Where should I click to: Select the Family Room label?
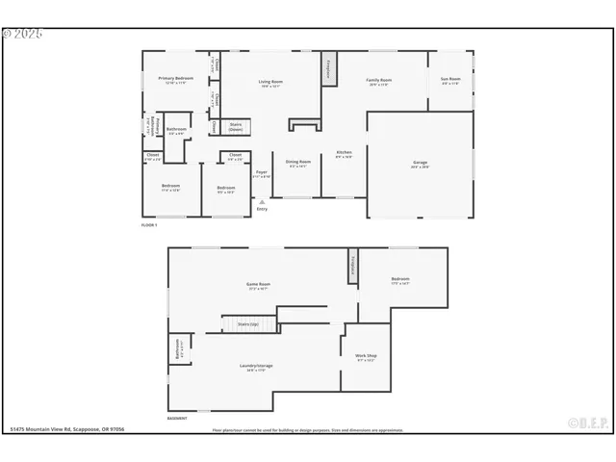coord(378,81)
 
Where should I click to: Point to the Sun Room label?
coord(450,80)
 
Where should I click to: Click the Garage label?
coord(420,165)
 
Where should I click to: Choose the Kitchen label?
coord(344,154)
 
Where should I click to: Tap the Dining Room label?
coord(298,164)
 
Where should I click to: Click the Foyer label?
coord(261,174)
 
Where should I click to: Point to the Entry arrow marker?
coord(262,202)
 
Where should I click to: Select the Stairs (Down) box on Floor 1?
coord(236,125)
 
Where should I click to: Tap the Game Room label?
coord(258,286)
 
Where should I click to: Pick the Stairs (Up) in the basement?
coord(248,324)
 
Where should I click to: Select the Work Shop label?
coord(366,358)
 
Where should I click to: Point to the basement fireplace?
coord(353,265)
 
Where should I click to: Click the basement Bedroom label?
coord(400,281)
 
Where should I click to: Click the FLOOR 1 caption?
coord(149,224)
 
